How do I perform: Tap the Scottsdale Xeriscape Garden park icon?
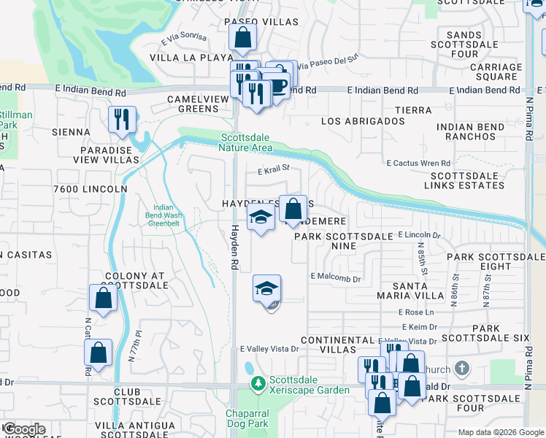[257, 383]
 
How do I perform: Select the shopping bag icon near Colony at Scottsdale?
[103, 298]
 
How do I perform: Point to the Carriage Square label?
[491, 72]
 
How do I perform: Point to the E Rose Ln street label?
[396, 312]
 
